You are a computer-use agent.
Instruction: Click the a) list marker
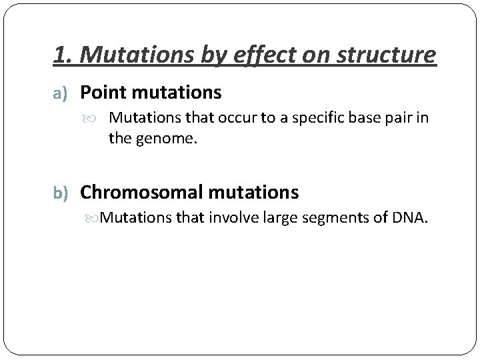point(62,92)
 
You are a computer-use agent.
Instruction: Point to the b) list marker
point(63,193)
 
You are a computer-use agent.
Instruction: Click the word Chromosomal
point(141,193)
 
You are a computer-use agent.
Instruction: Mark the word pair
point(399,119)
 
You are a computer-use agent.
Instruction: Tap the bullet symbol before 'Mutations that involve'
point(94,218)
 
